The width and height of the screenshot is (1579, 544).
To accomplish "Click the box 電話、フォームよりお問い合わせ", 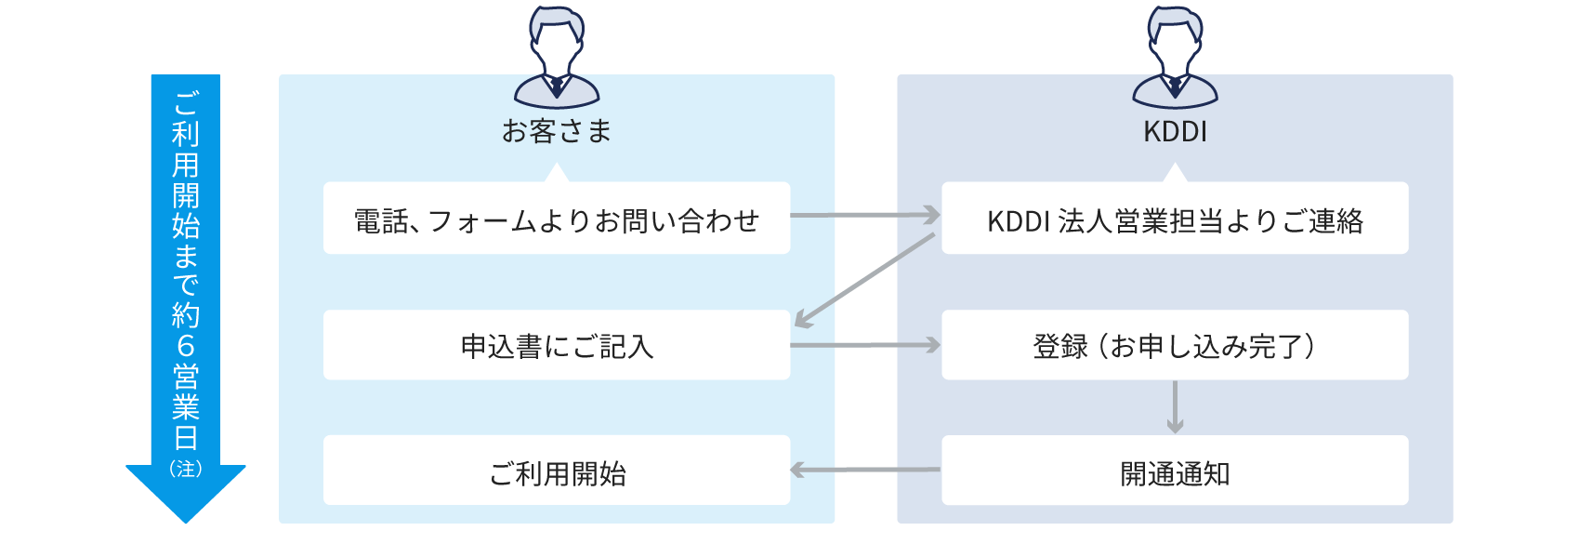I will click(556, 219).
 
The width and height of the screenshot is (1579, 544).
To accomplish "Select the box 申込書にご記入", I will click(556, 346).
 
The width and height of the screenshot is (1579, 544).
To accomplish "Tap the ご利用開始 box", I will click(556, 472).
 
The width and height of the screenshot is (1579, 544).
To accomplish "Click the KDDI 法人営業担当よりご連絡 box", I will click(1175, 219).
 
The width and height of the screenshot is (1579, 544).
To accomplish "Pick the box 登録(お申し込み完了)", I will click(1175, 346).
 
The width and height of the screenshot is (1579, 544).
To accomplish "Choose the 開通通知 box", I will click(1175, 472).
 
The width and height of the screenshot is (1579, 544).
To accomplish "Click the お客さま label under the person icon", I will click(556, 131).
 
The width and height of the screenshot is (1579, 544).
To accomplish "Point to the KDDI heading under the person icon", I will click(1175, 131).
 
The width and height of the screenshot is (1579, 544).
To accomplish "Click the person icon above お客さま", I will click(556, 58).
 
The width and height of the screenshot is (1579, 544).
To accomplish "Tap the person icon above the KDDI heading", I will click(1175, 58).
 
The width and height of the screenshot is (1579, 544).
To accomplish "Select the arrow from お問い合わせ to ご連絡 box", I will click(864, 215).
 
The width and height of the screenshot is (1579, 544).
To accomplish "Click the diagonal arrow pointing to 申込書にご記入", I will click(864, 281).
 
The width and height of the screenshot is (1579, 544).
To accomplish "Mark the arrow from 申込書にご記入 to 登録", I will click(864, 345).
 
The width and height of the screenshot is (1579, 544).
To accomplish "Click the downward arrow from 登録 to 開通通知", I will click(1175, 407).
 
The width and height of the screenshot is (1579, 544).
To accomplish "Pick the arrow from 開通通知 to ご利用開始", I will click(864, 470).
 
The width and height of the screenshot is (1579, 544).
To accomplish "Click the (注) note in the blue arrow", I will click(186, 468).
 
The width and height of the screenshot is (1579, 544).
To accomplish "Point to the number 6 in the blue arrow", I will click(186, 346).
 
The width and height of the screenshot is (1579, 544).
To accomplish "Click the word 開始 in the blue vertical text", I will click(186, 210).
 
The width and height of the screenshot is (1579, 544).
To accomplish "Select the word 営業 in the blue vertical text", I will click(186, 391).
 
